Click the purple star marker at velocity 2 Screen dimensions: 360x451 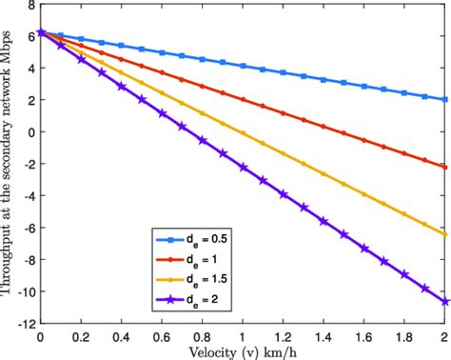pyautogui.click(x=444, y=301)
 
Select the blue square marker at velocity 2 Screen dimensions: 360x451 pyautogui.click(x=444, y=99)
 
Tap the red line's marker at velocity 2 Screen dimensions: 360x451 pyautogui.click(x=444, y=167)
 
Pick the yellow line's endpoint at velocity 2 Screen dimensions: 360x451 pyautogui.click(x=444, y=234)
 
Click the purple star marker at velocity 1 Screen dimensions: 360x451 pyautogui.click(x=242, y=166)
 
